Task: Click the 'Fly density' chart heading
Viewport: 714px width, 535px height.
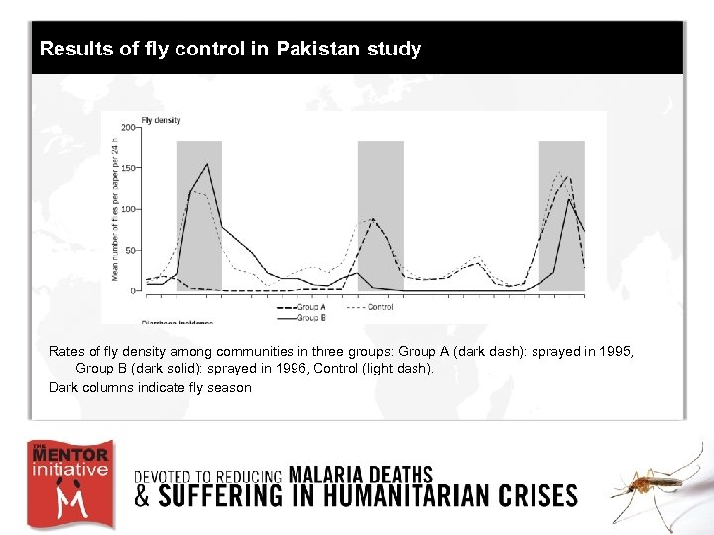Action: coord(161,120)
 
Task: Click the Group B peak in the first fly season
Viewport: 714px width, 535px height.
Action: coord(207,164)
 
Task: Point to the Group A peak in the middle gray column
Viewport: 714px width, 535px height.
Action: coord(372,219)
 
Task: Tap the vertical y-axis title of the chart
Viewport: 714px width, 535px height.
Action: coord(116,208)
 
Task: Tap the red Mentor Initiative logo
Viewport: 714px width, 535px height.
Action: coord(69,484)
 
